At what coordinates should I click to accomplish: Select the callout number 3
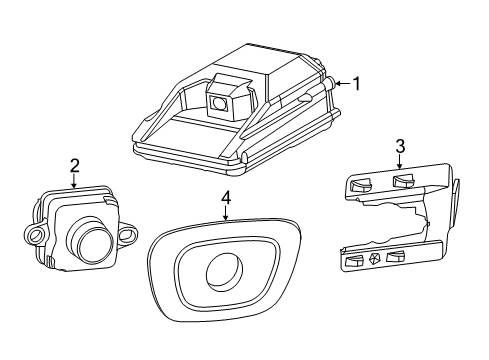point(399,146)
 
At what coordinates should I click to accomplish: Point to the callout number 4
point(226,199)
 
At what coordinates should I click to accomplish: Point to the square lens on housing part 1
point(219,98)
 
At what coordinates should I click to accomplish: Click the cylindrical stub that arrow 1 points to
point(327,86)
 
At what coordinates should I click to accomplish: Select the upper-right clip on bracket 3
point(404,181)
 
